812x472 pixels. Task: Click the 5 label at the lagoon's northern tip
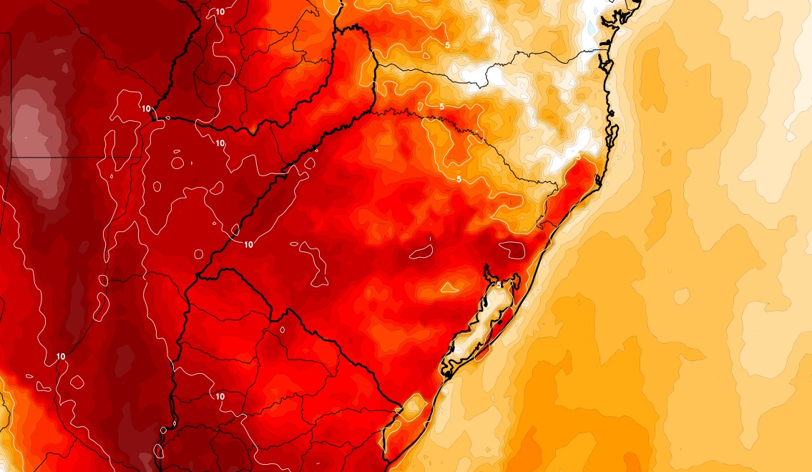[x=499, y=284]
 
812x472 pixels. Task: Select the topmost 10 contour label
[x=219, y=12]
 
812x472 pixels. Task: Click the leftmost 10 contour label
[x=60, y=356]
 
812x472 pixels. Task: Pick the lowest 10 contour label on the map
[x=220, y=396]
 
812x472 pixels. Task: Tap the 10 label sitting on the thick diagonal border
[x=249, y=244]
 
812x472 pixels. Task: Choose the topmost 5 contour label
[x=447, y=45]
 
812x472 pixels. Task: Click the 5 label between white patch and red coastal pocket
[x=578, y=156]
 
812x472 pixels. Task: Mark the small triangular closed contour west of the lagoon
[x=449, y=287]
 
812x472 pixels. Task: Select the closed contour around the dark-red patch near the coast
[x=512, y=249]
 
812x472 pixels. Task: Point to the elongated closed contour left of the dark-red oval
[x=421, y=251]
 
